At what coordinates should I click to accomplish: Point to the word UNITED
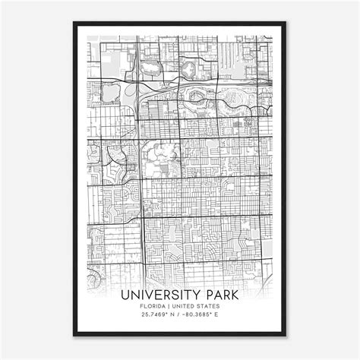point(186,306)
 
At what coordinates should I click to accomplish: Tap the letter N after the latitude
point(172,316)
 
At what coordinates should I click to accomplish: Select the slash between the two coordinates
point(179,316)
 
